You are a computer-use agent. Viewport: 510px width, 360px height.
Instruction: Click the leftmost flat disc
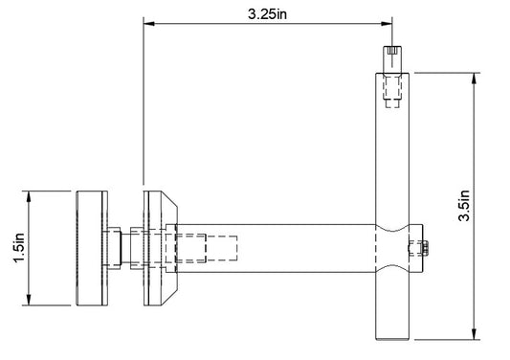point(90,249)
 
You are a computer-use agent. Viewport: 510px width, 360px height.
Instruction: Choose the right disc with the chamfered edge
point(153,249)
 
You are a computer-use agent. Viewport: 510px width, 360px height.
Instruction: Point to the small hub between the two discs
point(117,247)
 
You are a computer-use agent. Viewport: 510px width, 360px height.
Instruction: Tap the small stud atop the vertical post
point(392,55)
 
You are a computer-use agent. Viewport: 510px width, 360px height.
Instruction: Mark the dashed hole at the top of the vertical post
point(393,91)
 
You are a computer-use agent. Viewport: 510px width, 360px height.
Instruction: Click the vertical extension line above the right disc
point(144,105)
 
